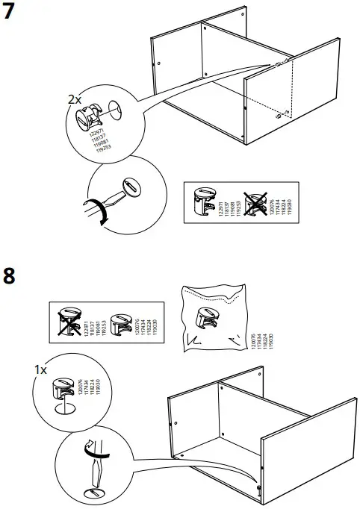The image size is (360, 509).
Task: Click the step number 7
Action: pos(10,14)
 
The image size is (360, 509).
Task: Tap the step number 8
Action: pos(10,275)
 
